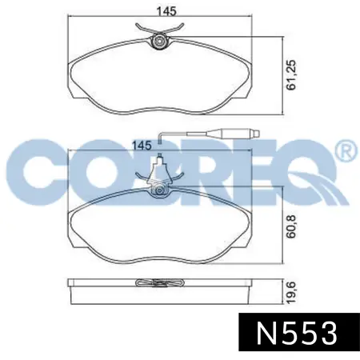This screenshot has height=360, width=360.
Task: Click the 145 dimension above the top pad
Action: coord(166,11)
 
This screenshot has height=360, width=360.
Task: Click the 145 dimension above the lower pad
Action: coord(142,146)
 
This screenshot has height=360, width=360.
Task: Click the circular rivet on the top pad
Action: coord(159,42)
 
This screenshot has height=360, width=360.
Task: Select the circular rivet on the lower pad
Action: coord(159,191)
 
